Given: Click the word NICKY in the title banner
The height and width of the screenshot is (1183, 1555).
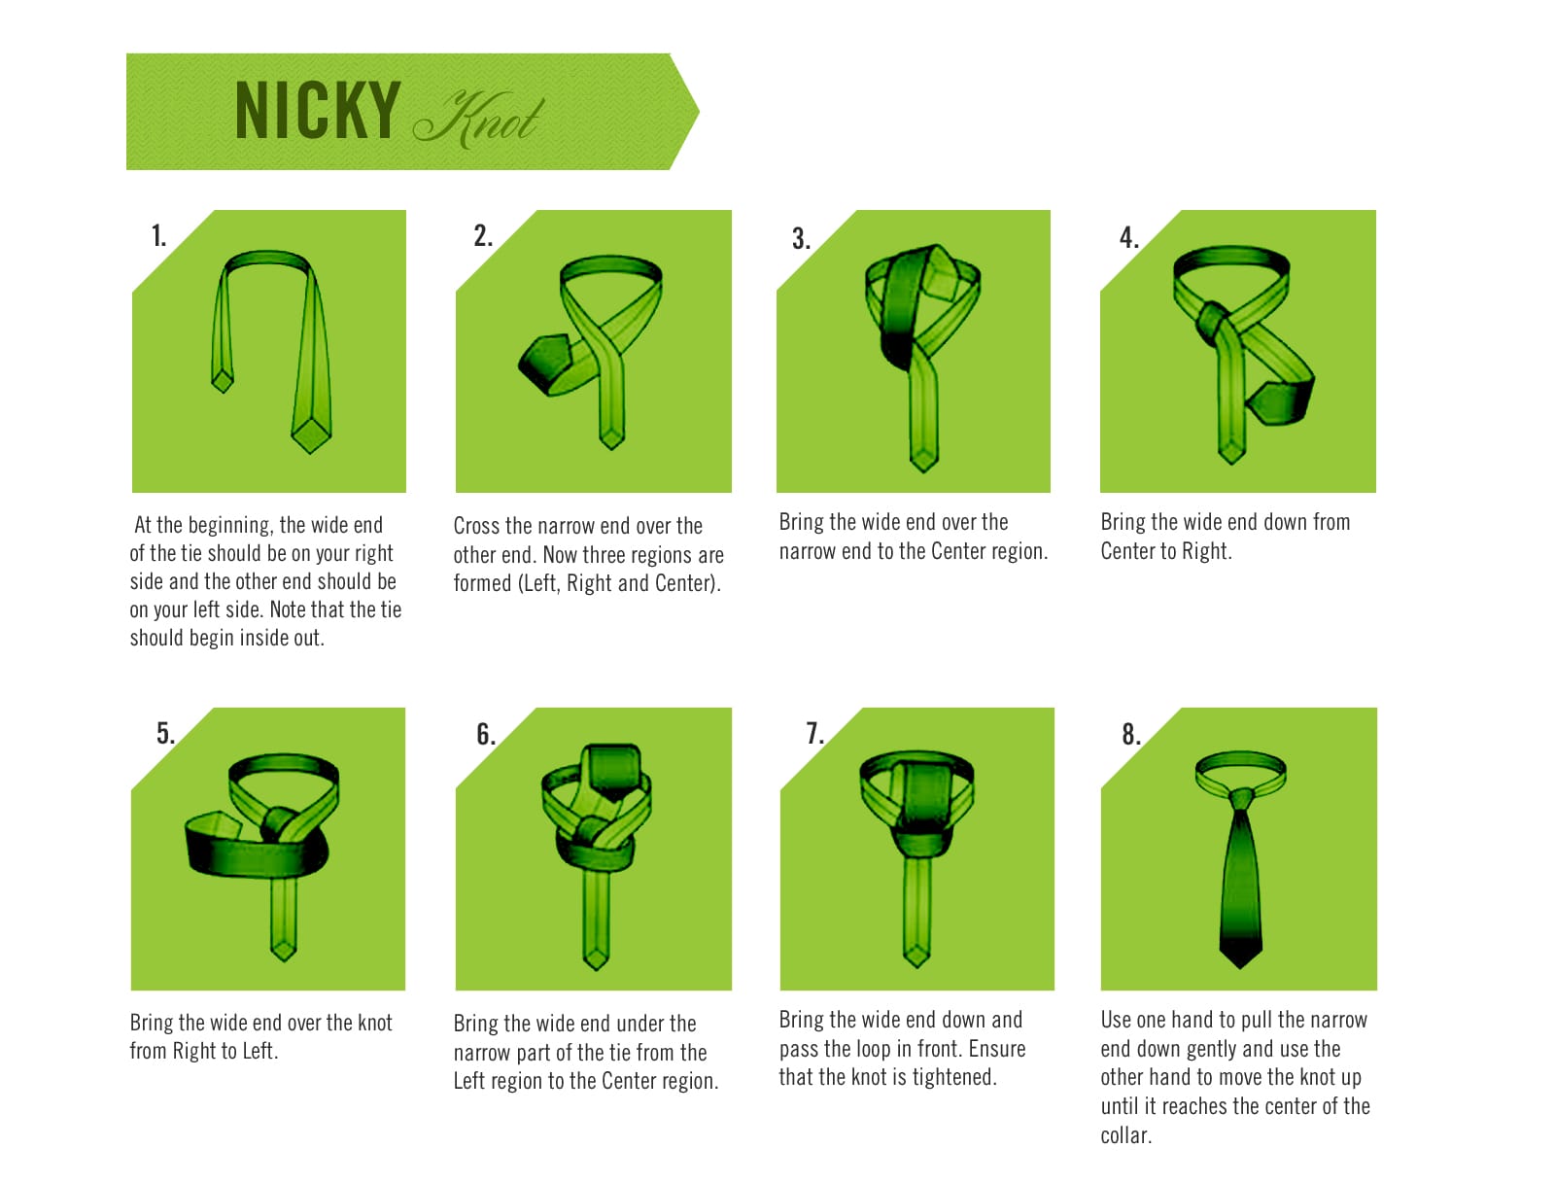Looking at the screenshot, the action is pos(318,110).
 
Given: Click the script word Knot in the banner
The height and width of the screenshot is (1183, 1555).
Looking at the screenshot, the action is pos(479,119).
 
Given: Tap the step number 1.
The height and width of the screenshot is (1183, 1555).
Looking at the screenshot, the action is pos(158,235).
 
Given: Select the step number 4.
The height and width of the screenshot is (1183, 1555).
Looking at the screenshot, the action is pos(1129,237).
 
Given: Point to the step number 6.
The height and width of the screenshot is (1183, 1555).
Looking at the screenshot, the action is pos(485,734).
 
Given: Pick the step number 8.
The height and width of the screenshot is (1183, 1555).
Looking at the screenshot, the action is pos(1131,734).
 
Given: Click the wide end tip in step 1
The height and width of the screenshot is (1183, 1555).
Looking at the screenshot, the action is pos(310,451).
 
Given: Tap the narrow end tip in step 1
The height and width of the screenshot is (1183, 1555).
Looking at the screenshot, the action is pos(223,391).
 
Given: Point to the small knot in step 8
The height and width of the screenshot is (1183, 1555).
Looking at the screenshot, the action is pos(1240,798).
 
